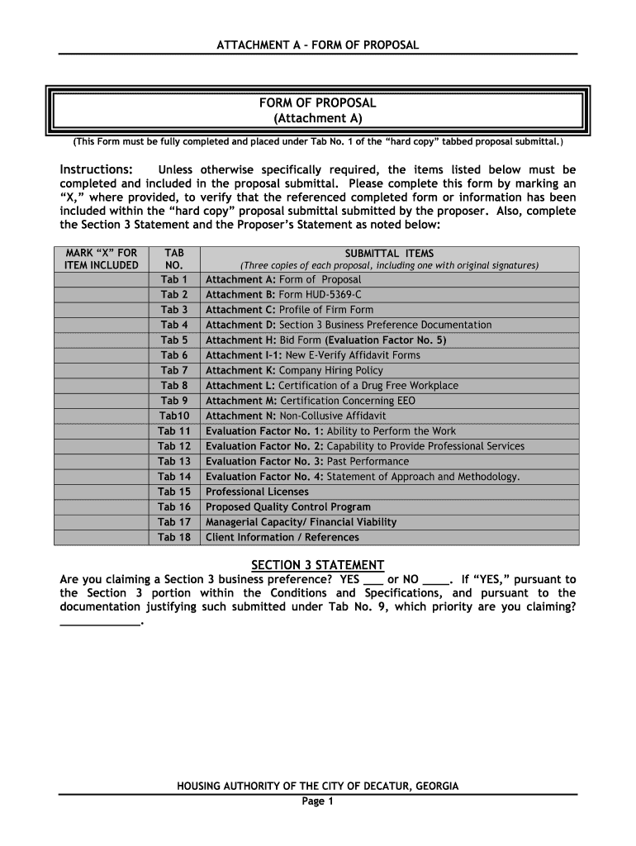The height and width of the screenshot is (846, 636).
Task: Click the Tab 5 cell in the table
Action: point(174,340)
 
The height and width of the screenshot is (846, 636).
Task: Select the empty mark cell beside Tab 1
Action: point(102,279)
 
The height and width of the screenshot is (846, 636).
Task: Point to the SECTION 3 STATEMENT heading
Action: point(318,565)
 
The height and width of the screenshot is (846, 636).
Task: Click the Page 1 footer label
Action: point(317,801)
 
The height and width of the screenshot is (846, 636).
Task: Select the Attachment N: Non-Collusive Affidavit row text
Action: point(296,416)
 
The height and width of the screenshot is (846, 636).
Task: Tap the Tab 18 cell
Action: point(174,537)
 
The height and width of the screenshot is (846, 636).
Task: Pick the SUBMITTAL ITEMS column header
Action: point(389,254)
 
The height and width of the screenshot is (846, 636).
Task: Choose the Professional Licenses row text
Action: point(257,492)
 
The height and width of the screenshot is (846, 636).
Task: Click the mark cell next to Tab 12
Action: point(102,446)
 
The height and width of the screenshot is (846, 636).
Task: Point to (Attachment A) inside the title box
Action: point(318,118)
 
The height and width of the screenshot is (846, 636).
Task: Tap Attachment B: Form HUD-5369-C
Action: point(283,294)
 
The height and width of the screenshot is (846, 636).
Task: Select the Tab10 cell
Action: point(174,416)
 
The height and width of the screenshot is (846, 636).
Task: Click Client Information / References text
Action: point(282,537)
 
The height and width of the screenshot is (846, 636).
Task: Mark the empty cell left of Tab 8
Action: point(102,385)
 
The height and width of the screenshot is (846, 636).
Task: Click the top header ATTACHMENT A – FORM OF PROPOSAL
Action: point(318,45)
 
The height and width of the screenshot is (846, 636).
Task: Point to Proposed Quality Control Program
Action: point(287,506)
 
